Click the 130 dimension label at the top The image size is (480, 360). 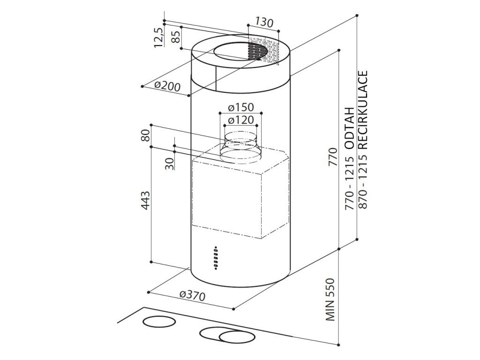[264, 22]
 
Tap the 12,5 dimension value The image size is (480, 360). [158, 37]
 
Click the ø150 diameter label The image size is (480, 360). [240, 107]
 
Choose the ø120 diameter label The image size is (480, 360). [240, 120]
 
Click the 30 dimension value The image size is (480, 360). [170, 163]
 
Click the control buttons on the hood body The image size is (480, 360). [216, 257]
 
